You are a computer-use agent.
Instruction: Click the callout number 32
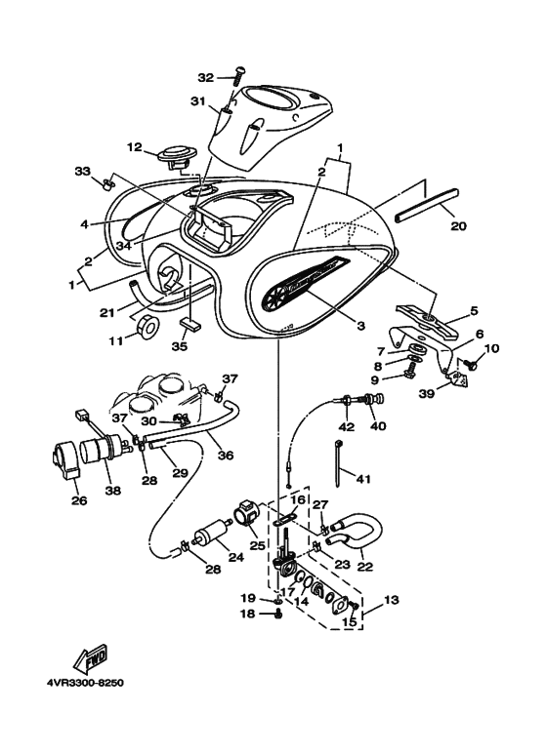[205, 77]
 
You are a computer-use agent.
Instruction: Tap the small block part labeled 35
[191, 320]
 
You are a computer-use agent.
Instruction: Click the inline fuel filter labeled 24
[209, 537]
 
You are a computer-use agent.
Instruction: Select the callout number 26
[77, 502]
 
